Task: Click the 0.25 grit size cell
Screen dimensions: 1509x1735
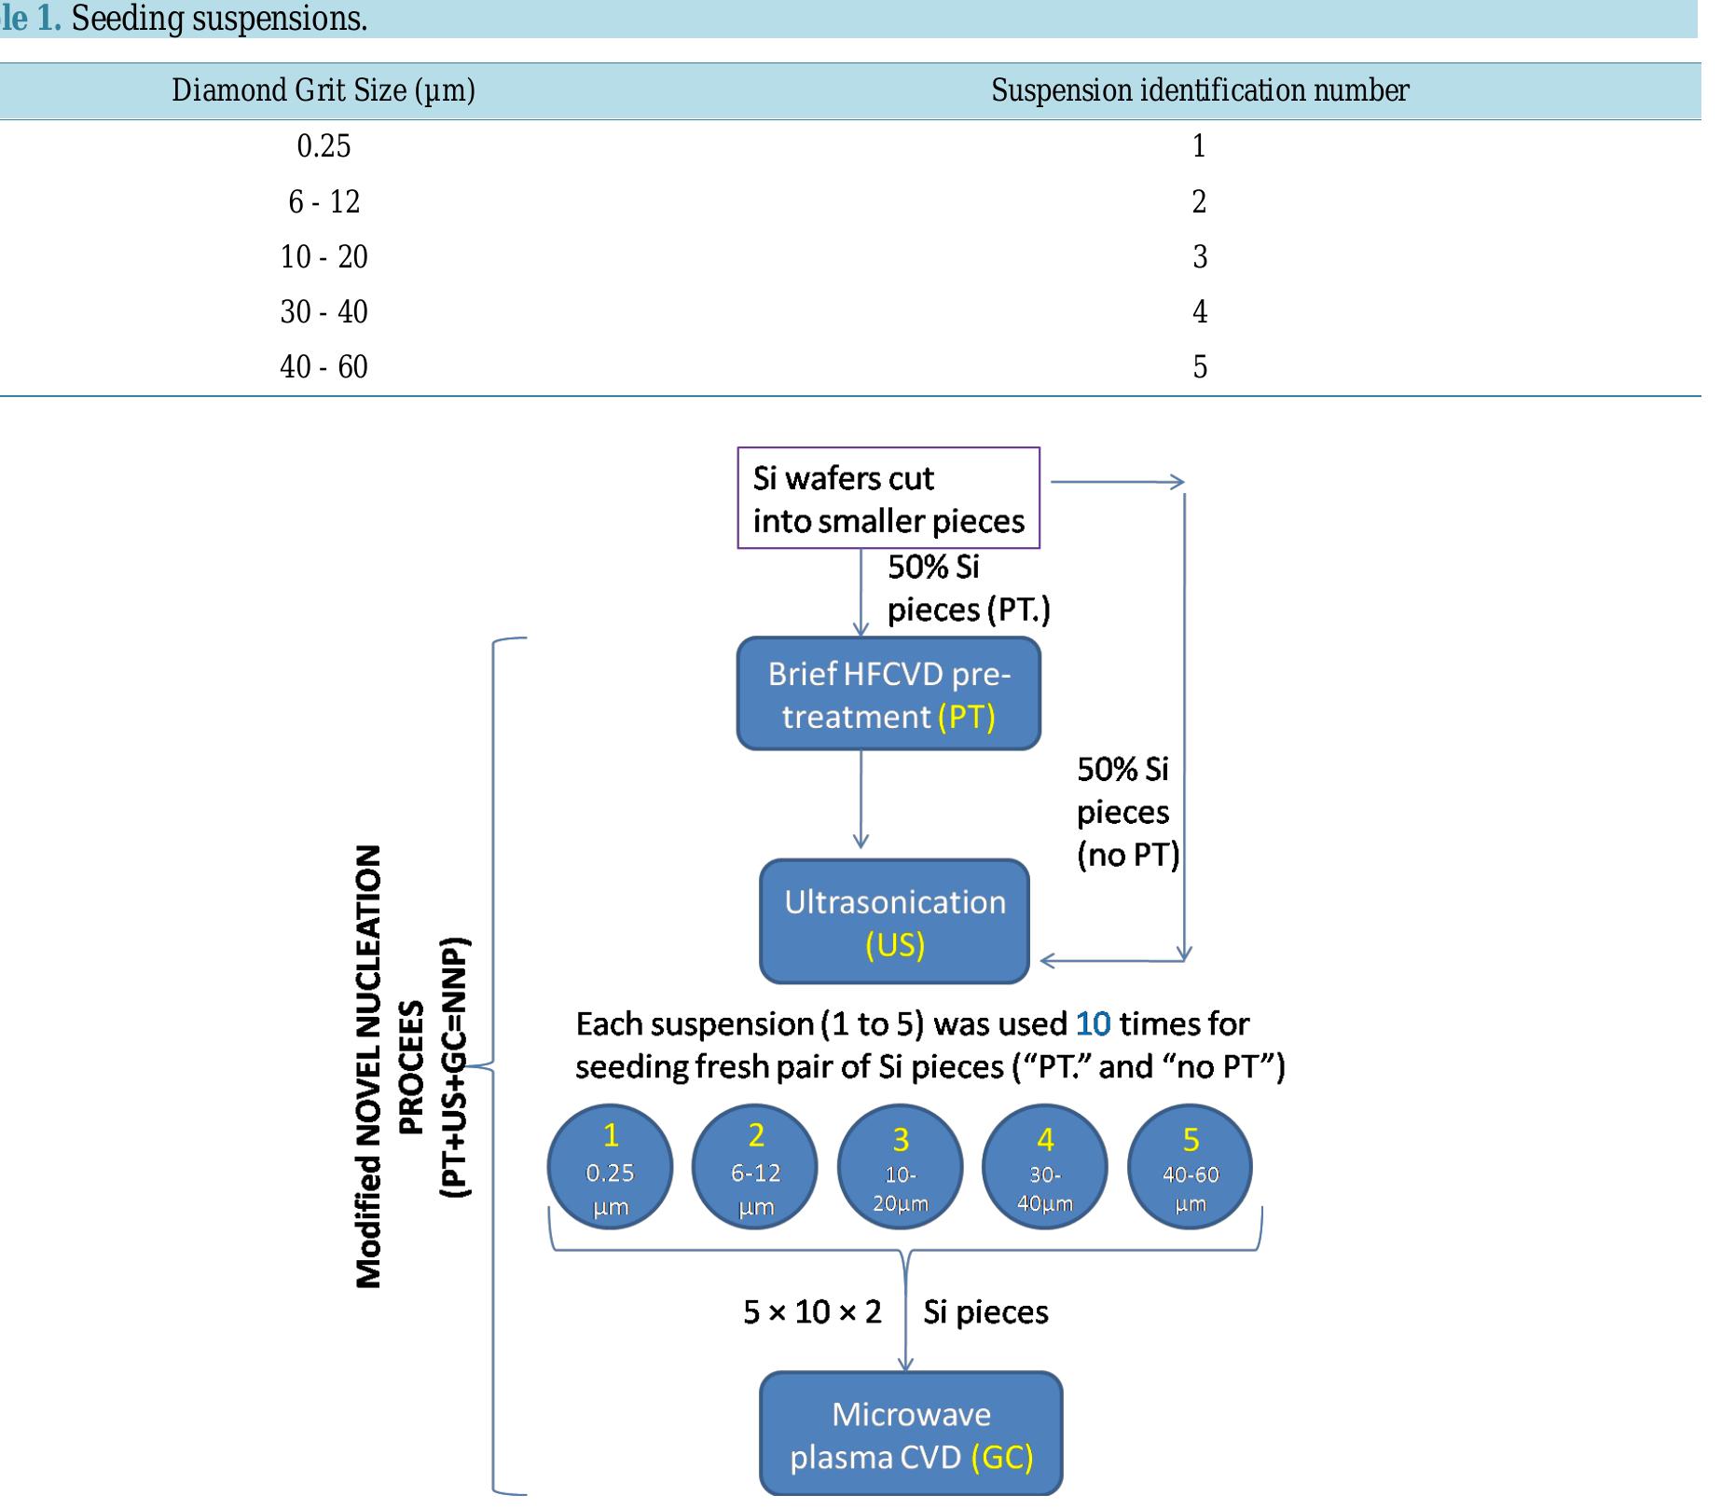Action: point(324,146)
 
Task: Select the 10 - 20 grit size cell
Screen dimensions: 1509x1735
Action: point(324,256)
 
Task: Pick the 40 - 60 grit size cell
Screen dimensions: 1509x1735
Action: point(324,366)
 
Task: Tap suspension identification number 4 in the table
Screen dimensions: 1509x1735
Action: point(1199,311)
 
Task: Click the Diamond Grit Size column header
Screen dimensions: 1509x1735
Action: point(324,90)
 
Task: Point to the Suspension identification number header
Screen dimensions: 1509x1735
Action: point(1199,90)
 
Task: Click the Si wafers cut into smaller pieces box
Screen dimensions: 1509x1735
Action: point(888,499)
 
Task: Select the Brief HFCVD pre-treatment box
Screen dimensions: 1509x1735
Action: point(888,694)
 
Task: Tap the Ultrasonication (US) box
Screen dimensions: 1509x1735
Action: point(894,922)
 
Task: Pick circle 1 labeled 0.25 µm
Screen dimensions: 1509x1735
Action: point(610,1168)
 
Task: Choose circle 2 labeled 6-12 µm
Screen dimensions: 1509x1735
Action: point(755,1168)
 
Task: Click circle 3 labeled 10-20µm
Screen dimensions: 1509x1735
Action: point(900,1168)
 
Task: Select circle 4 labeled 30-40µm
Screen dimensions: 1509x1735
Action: point(1045,1168)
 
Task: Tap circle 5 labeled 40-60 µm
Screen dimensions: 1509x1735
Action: point(1190,1168)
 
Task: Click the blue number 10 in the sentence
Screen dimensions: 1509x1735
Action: point(1093,1024)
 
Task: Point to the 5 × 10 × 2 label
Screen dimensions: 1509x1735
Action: point(812,1312)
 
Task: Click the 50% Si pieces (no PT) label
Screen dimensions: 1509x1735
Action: point(1126,812)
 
